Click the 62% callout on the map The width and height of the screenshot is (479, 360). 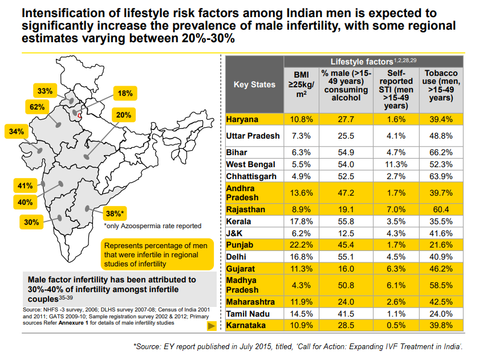[38, 107]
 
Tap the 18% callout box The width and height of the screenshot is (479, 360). [125, 93]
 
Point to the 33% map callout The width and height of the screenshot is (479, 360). [45, 91]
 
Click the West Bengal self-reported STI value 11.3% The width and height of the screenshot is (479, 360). [395, 164]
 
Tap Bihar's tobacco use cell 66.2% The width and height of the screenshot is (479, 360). [441, 152]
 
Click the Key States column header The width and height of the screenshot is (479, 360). [254, 84]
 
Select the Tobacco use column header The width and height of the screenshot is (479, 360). [441, 86]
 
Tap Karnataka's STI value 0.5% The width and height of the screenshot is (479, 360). [395, 325]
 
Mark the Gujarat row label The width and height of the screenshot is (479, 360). [241, 268]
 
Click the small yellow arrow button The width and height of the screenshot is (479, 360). [210, 326]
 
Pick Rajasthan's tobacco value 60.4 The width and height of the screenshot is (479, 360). [441, 209]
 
